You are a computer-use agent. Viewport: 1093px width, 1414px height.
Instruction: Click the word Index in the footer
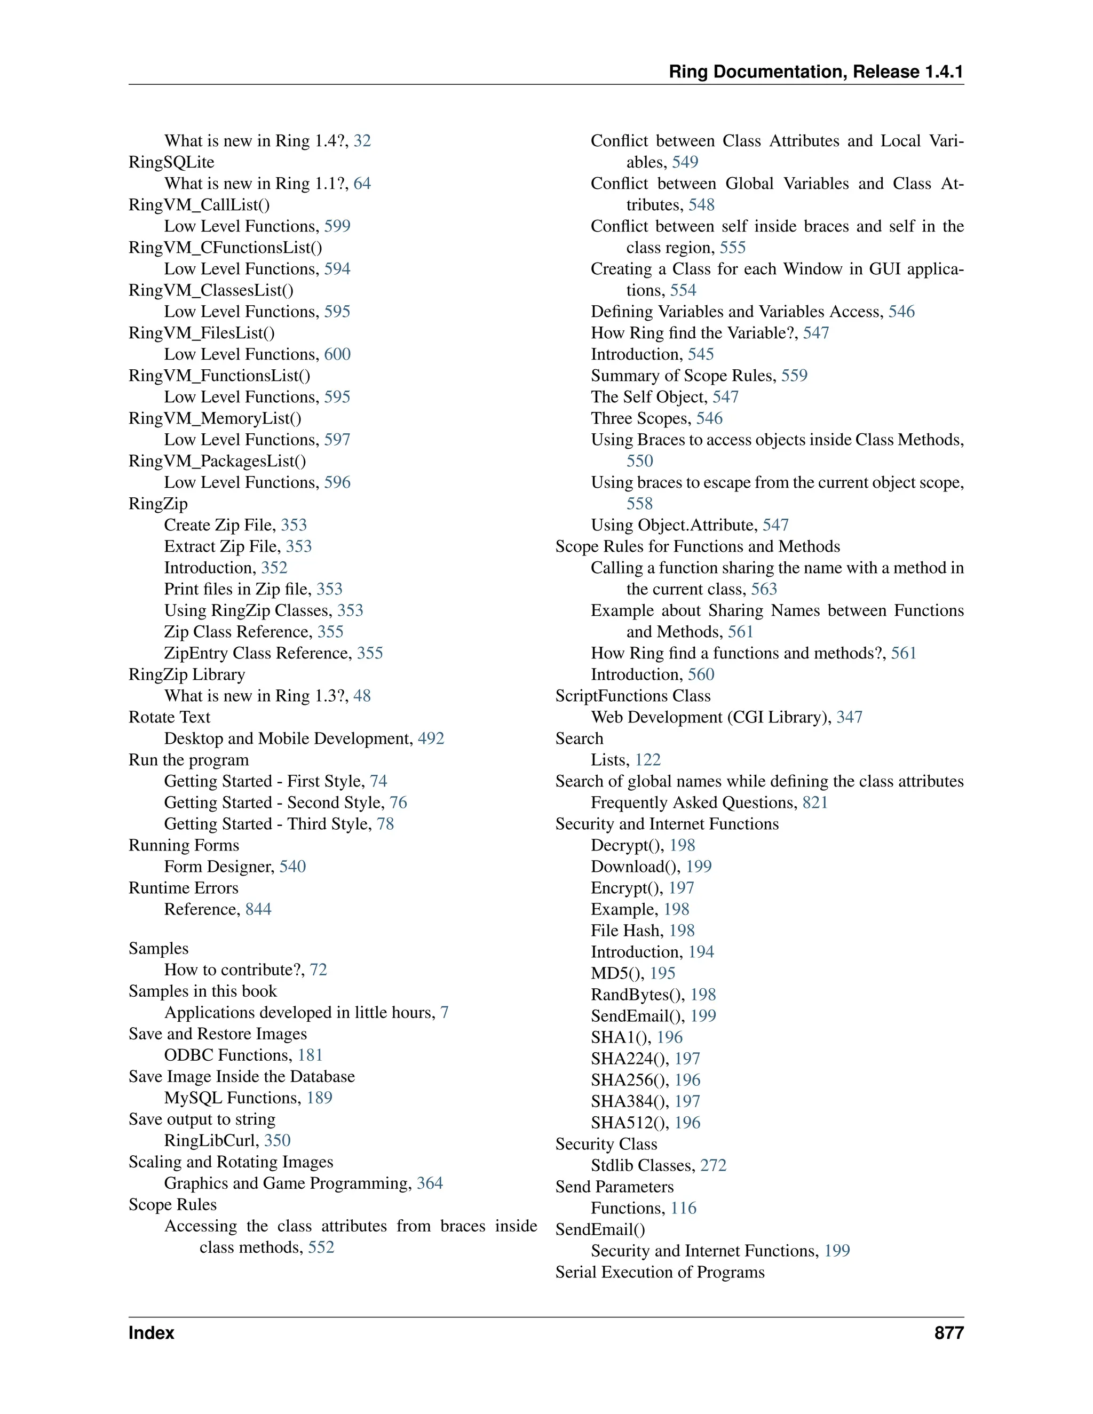pyautogui.click(x=152, y=1333)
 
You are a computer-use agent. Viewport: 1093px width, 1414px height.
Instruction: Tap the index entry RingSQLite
pyautogui.click(x=171, y=162)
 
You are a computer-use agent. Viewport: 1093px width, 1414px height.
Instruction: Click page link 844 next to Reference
pyautogui.click(x=258, y=909)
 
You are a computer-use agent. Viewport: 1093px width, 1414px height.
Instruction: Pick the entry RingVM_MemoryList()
pyautogui.click(x=215, y=418)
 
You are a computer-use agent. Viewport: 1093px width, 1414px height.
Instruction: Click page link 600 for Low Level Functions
pyautogui.click(x=337, y=354)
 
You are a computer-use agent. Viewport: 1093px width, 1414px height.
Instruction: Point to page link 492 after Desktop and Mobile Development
pyautogui.click(x=431, y=738)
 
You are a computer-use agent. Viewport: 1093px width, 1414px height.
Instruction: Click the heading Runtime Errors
pyautogui.click(x=183, y=888)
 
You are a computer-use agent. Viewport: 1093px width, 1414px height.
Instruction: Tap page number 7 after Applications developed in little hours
pyautogui.click(x=444, y=1013)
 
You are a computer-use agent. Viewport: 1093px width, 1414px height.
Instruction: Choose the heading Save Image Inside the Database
pyautogui.click(x=242, y=1077)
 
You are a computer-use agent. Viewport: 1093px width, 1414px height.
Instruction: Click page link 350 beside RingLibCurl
pyautogui.click(x=277, y=1141)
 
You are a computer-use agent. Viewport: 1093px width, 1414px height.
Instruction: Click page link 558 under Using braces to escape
pyautogui.click(x=639, y=504)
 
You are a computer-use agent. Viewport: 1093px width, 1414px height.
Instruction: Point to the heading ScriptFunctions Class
pyautogui.click(x=632, y=696)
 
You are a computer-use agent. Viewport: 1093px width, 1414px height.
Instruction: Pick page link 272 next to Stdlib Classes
pyautogui.click(x=713, y=1165)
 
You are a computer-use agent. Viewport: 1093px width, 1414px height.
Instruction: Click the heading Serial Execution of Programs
pyautogui.click(x=660, y=1272)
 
